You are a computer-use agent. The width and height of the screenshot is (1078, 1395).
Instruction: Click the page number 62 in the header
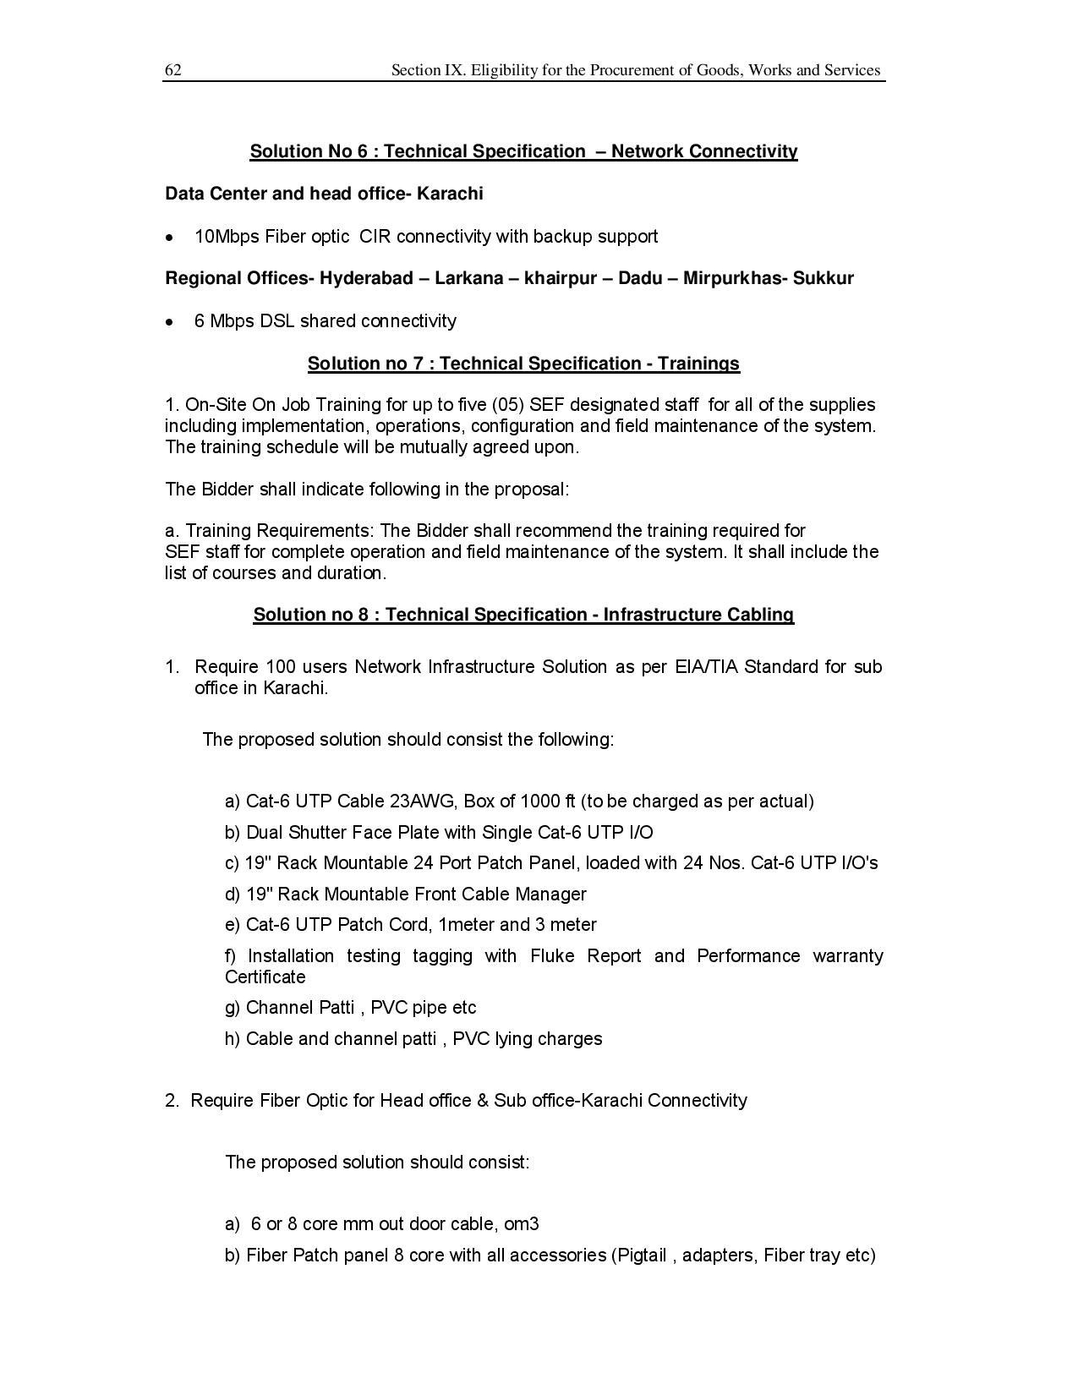click(172, 70)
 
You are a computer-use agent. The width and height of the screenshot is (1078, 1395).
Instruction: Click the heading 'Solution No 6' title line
click(523, 151)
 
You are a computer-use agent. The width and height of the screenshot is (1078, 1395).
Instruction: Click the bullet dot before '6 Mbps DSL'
click(171, 322)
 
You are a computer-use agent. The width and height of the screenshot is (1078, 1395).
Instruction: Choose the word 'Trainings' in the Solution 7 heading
click(698, 364)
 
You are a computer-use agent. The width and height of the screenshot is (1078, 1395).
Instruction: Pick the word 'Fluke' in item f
click(552, 956)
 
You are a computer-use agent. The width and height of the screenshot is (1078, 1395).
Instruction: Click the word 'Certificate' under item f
click(265, 977)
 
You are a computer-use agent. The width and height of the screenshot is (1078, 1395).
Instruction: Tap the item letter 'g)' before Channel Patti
click(233, 1008)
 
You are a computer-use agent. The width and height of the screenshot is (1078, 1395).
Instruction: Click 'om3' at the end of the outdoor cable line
click(522, 1224)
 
